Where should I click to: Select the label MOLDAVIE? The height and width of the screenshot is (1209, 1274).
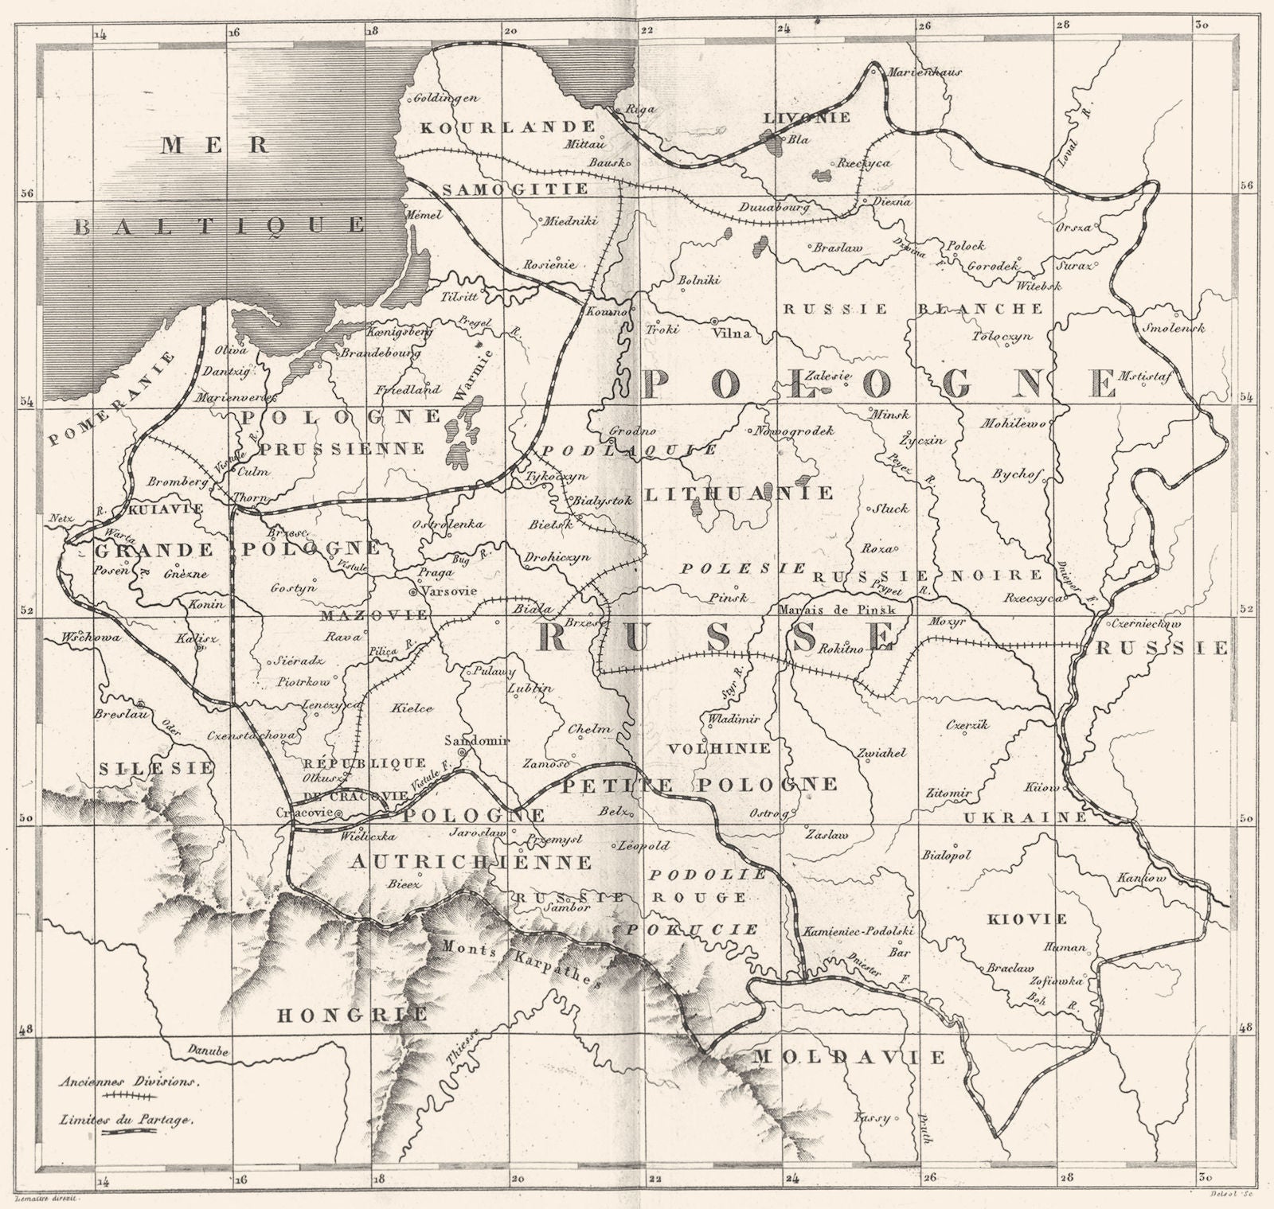[x=849, y=1057]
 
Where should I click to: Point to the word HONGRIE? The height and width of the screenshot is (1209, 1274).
[x=351, y=1015]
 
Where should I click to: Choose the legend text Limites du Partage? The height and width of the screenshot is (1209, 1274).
[x=126, y=1118]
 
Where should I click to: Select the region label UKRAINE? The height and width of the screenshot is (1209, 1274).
[x=1026, y=817]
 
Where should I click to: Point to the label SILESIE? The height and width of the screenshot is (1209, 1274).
[x=157, y=768]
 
